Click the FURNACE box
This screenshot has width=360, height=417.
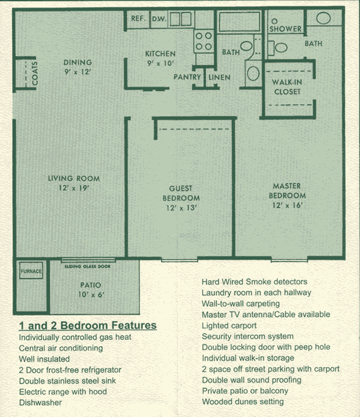31,270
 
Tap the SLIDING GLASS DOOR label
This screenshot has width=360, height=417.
88,266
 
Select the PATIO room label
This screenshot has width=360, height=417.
91,285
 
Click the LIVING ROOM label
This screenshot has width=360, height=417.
74,178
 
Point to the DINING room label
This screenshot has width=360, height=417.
78,62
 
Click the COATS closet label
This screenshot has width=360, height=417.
35,73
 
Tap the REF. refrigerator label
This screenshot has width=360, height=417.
138,18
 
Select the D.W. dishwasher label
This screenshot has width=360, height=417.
159,19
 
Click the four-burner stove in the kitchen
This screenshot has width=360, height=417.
203,41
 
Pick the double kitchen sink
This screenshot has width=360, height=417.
181,19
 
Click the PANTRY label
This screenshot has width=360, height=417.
187,77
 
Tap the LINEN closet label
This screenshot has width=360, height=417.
219,77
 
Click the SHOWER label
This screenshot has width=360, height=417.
285,28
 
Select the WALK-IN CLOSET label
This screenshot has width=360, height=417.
287,87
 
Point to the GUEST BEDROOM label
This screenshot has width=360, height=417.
181,193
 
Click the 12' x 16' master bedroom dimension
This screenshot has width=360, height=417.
287,205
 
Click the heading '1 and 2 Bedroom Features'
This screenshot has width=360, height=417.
88,325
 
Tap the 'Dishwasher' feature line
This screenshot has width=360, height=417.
40,402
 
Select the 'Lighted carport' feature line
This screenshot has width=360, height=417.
229,325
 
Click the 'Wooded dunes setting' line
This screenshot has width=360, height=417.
243,402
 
